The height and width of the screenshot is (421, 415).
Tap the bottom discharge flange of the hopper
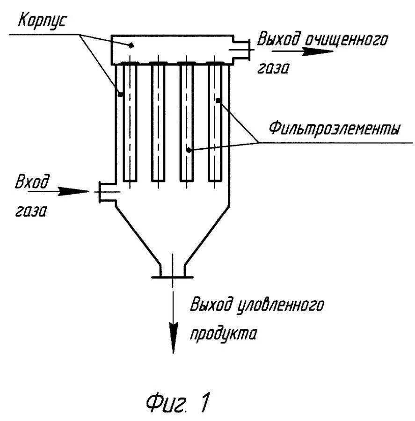pos(173,276)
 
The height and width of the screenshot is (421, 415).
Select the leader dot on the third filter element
pos(189,150)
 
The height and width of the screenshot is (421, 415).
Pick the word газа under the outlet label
pos(273,68)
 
